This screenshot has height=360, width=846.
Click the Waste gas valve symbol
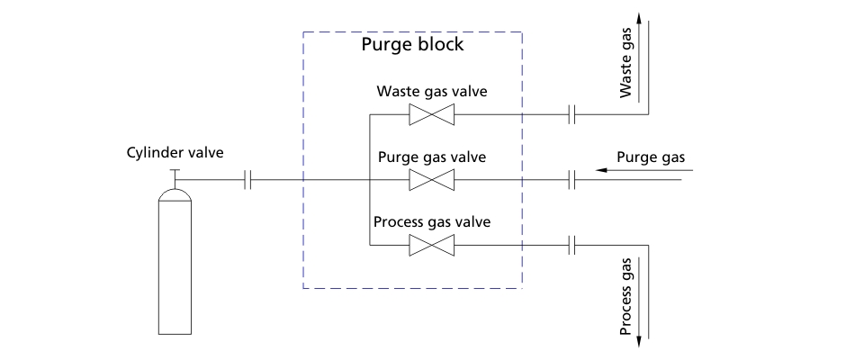(431, 114)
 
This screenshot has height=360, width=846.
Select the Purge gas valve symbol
(431, 180)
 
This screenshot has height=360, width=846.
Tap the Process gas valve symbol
(431, 245)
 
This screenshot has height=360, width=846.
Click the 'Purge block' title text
(412, 45)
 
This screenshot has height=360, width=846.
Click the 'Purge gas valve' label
(431, 157)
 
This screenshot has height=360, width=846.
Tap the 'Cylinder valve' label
(174, 152)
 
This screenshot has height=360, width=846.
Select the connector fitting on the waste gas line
(571, 114)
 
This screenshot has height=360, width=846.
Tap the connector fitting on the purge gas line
(571, 180)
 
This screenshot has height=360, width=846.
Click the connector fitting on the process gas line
(571, 245)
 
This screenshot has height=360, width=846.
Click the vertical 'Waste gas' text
(625, 68)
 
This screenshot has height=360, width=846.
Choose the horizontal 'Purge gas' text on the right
(650, 157)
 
